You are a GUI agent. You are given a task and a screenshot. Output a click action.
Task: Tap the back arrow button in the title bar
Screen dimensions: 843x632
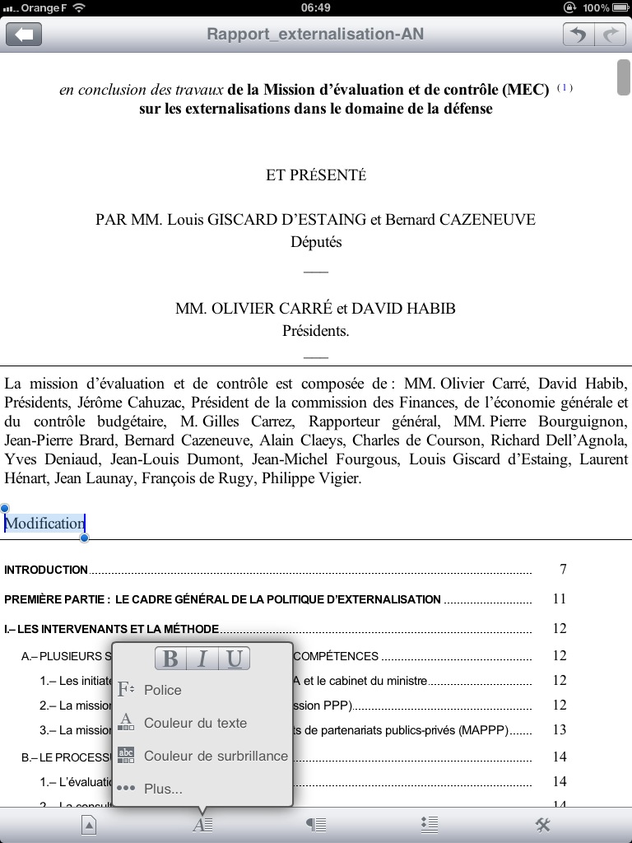tap(24, 35)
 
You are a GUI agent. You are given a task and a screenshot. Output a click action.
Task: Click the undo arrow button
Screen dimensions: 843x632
tap(579, 35)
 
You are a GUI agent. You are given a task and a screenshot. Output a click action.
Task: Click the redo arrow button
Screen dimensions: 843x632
tap(610, 35)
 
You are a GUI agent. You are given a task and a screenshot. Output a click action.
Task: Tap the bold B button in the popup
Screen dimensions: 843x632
tap(170, 659)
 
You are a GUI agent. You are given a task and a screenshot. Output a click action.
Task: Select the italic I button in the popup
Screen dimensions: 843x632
tap(202, 659)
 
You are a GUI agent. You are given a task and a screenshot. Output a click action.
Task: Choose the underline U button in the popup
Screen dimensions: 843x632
tap(234, 659)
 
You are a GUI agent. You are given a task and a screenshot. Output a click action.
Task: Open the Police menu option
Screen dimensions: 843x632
tap(162, 690)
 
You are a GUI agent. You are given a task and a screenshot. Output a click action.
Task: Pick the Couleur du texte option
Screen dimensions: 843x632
tap(195, 723)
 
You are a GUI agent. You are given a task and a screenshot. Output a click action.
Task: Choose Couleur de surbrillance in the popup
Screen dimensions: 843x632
tap(216, 756)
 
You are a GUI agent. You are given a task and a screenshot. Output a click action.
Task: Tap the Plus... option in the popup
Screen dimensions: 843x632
tap(163, 789)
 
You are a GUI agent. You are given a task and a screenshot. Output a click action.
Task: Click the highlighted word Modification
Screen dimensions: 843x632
tap(45, 524)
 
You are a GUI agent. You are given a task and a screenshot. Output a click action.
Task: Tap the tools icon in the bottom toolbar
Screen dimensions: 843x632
tap(542, 825)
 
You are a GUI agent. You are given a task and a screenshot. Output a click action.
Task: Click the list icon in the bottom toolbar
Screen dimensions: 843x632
tap(429, 825)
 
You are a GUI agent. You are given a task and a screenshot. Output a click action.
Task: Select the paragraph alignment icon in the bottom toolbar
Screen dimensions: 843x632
tap(316, 825)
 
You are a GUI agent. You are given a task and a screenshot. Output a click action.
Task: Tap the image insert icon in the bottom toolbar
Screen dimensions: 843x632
tap(89, 825)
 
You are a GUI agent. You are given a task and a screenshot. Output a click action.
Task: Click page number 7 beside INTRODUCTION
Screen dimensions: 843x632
tap(563, 570)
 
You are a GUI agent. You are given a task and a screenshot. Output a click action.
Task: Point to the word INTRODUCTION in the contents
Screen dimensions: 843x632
tap(46, 570)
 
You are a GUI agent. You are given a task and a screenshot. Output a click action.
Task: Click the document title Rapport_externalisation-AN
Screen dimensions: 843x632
tap(315, 35)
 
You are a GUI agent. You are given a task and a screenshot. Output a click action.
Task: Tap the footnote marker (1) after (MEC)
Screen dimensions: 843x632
tap(565, 88)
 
